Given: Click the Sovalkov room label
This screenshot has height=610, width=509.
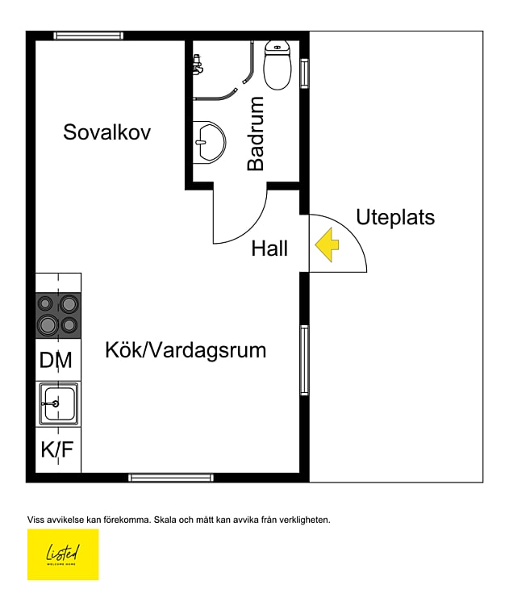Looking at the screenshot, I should pos(106,132).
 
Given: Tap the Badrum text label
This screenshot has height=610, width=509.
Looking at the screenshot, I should pos(256,134).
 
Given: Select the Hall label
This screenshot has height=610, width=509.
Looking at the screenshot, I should pos(269,249).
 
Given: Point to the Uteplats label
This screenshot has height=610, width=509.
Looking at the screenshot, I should pos(395,217).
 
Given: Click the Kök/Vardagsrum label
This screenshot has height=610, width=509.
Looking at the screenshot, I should pos(186,351).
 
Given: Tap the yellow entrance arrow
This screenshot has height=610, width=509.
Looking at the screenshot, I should pos(327,245).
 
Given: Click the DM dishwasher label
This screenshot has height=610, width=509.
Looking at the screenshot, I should pos(56,361).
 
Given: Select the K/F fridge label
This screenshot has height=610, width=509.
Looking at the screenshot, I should pos(57,450).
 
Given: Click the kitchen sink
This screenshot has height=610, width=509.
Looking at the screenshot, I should pos(58,403).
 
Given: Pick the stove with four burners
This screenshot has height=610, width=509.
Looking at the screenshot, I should pos(58,315).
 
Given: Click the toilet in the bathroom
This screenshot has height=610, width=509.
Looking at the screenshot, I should pos(277,67).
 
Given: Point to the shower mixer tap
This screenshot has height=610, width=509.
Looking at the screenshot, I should pos(197,64).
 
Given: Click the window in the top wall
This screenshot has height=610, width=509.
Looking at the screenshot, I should pos(89,36).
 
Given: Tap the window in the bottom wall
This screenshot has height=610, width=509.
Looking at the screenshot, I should pos(170,478).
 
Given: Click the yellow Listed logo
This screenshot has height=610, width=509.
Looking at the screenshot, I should pos(63,554).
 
